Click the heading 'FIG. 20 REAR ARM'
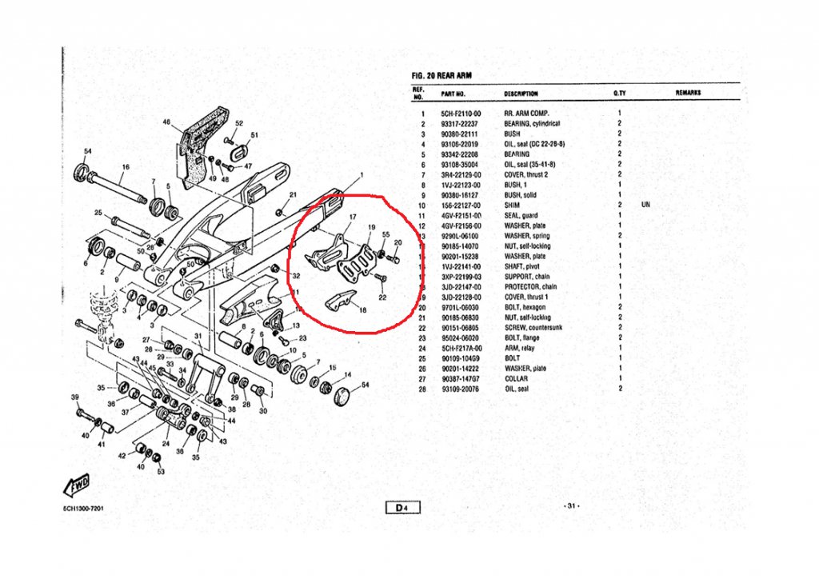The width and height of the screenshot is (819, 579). pos(441,76)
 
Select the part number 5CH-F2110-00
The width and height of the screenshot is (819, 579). pos(461,114)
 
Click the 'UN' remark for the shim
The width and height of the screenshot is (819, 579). pos(646,205)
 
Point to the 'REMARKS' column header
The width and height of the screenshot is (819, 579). pos(688,94)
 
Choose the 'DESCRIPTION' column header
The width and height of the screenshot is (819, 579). pos(521,94)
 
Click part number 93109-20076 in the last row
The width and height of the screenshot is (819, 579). pos(461,388)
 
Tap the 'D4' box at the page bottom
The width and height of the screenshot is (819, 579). pos(402,506)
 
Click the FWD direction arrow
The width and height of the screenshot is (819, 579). pos(74,485)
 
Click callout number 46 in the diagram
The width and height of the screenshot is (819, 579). pos(167,122)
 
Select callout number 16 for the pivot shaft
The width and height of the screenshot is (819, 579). pos(125,167)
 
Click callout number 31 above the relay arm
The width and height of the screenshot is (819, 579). pos(198,336)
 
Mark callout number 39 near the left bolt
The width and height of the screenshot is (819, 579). pos(75,397)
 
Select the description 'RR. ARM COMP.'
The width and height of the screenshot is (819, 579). pos(526,114)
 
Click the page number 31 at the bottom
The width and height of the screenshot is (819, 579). pos(571,505)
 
